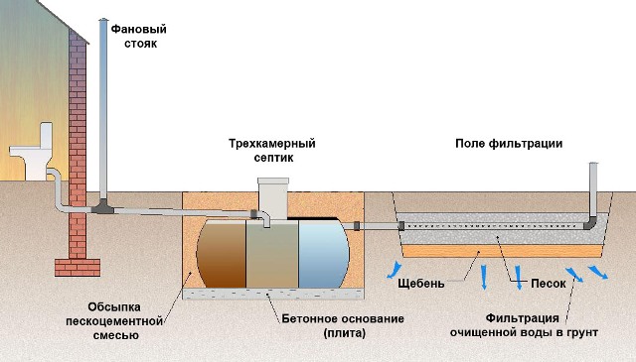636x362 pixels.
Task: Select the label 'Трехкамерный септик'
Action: coord(259,150)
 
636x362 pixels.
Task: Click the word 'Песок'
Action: coord(547,283)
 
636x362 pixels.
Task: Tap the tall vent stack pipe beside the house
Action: coord(102,109)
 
